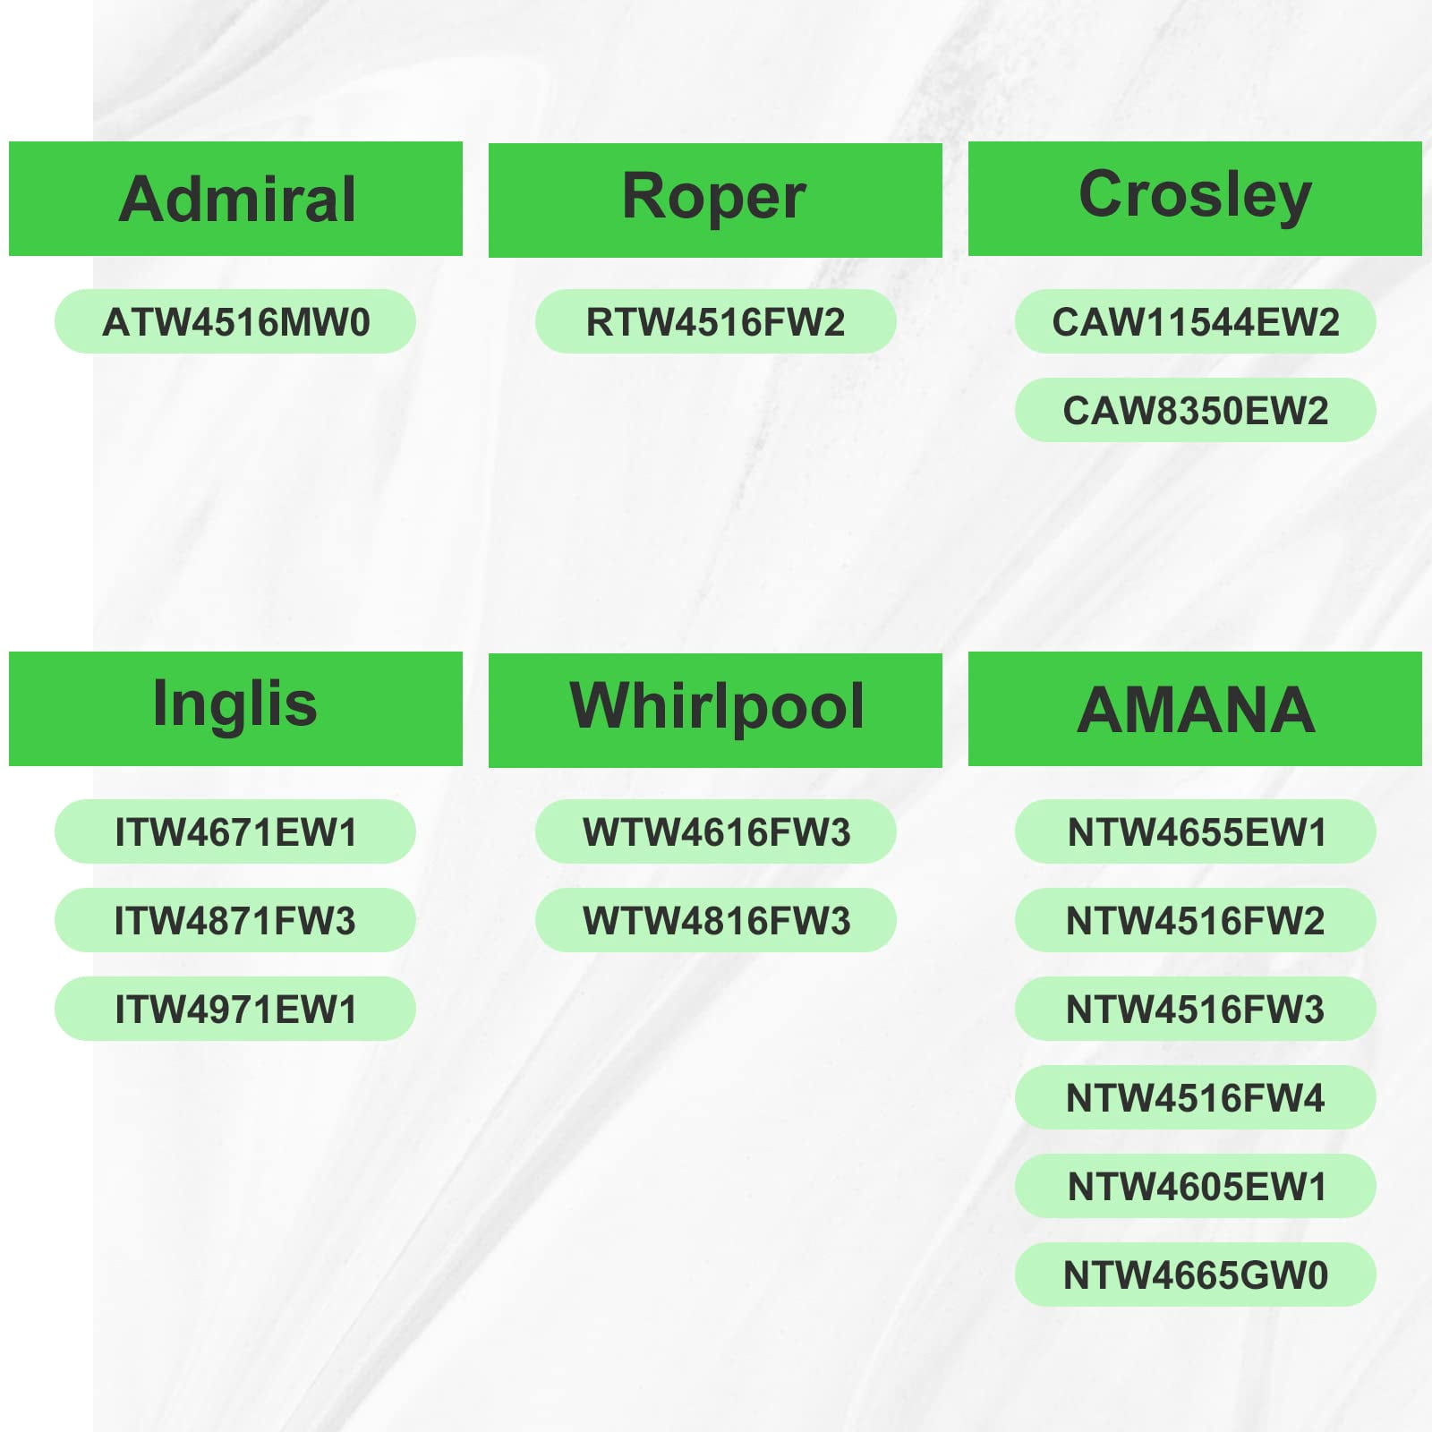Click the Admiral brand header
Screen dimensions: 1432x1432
click(x=235, y=199)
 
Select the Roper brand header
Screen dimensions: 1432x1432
click(x=715, y=200)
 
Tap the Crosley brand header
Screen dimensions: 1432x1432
click(x=1195, y=199)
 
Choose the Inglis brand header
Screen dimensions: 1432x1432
click(x=235, y=709)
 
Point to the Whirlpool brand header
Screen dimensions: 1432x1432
click(x=715, y=710)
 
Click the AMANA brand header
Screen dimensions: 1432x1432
click(x=1195, y=709)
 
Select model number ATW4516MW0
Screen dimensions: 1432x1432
click(x=235, y=321)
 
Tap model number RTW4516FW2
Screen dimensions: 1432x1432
click(x=715, y=321)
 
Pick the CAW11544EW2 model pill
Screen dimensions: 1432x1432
click(x=1195, y=321)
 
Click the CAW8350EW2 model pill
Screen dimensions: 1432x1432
click(x=1195, y=410)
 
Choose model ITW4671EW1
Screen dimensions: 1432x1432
click(x=235, y=831)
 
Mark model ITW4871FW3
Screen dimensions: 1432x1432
click(x=235, y=920)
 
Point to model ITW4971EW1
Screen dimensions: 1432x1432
click(x=235, y=1009)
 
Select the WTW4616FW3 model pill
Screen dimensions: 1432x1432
click(x=715, y=831)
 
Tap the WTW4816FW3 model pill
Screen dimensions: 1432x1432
click(x=715, y=920)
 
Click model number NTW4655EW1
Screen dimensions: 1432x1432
click(x=1195, y=831)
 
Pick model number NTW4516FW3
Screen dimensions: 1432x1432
click(x=1195, y=1009)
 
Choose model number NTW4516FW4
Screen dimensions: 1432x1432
click(x=1195, y=1097)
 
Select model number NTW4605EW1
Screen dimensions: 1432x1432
click(x=1195, y=1186)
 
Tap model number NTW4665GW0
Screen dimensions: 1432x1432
click(x=1195, y=1274)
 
